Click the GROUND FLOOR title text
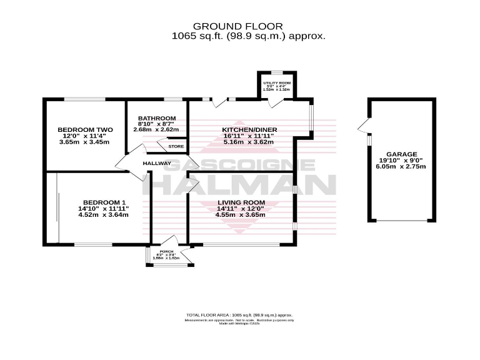pos(237,26)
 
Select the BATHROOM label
pos(157,118)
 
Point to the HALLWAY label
pos(157,164)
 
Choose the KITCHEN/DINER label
pos(249,129)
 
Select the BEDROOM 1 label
pos(104,202)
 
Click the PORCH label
pos(166,251)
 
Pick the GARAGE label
pos(401,154)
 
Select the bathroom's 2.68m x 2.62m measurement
pos(157,130)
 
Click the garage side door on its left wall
pos(362,128)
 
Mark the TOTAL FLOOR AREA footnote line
pos(239,315)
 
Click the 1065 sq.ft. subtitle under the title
pos(249,36)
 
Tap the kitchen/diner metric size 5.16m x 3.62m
pos(249,142)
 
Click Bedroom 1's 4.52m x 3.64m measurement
pos(103,215)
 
